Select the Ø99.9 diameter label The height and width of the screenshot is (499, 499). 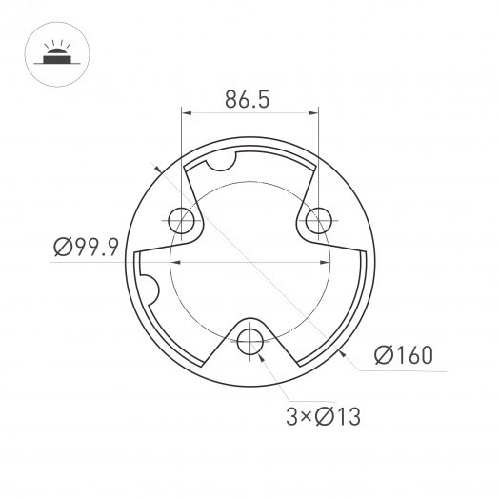[85, 249]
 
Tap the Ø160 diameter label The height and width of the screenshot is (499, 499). [403, 355]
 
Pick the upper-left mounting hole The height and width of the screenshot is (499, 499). [181, 221]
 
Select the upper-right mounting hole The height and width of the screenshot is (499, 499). [318, 220]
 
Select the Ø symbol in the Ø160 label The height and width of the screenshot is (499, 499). [383, 355]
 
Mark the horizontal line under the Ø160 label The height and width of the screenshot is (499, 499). [400, 370]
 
